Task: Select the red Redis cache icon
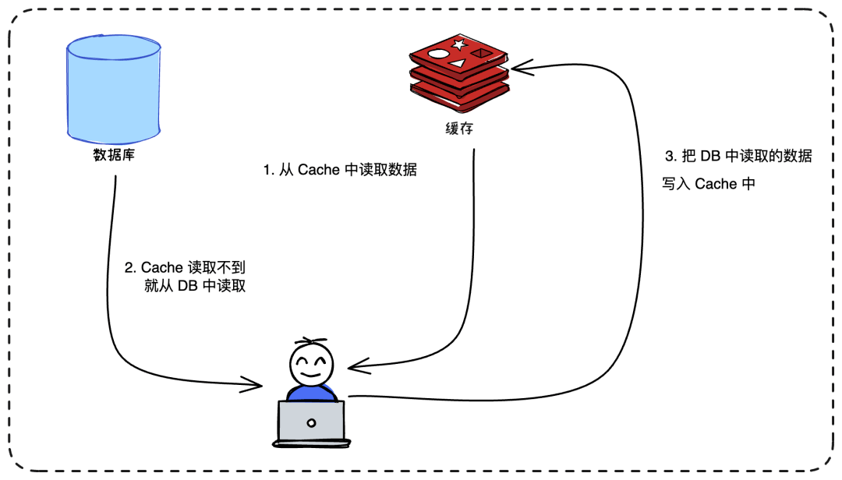(458, 73)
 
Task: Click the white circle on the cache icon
(439, 56)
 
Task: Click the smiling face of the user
(311, 364)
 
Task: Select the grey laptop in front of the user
(311, 422)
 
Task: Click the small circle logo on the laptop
(311, 423)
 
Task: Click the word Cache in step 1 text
(318, 170)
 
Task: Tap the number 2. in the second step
(130, 268)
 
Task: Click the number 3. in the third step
(669, 157)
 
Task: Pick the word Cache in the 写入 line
(716, 185)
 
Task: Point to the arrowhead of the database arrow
(257, 383)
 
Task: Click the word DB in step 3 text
(711, 157)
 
